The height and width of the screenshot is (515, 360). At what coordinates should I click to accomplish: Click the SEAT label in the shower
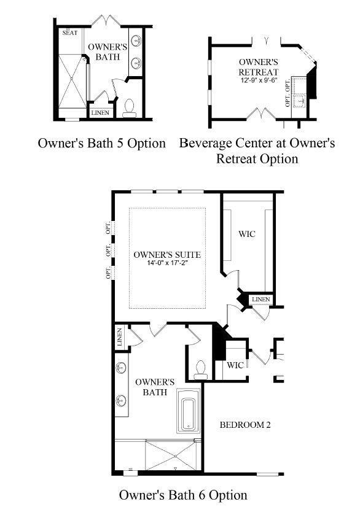tap(70, 33)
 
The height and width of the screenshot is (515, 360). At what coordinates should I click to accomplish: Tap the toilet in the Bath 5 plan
tap(130, 108)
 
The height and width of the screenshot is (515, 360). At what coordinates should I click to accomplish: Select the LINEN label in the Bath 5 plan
tap(100, 113)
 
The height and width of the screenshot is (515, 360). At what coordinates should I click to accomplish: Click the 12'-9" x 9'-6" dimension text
tap(259, 80)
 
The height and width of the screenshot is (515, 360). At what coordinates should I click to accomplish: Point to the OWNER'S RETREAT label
tap(259, 67)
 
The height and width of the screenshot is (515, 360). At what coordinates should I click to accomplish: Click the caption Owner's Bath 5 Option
tap(101, 143)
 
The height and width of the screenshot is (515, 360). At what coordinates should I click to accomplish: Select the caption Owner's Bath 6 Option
tap(183, 495)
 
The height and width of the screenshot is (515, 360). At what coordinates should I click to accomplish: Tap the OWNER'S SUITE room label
tap(167, 255)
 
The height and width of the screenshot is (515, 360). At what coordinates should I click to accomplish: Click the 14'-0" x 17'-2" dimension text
tap(167, 263)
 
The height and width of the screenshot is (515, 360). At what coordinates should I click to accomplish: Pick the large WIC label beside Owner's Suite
tap(247, 234)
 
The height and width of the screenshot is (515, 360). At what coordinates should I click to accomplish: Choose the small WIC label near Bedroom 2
tap(235, 365)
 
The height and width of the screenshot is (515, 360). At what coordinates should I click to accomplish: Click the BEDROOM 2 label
tap(245, 425)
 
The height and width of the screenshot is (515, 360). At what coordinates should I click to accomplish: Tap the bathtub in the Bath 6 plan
tap(189, 411)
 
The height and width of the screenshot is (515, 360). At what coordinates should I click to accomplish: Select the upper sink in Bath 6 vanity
tap(121, 368)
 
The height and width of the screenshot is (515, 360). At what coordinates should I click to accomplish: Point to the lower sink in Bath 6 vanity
tap(121, 401)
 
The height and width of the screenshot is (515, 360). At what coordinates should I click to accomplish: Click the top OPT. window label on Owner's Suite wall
tap(109, 228)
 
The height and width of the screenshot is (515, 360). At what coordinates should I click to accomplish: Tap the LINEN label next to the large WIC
tap(261, 299)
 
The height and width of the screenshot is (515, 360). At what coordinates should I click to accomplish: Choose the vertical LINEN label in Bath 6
tap(119, 337)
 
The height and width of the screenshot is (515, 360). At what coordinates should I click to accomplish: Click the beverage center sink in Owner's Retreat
tap(300, 101)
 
